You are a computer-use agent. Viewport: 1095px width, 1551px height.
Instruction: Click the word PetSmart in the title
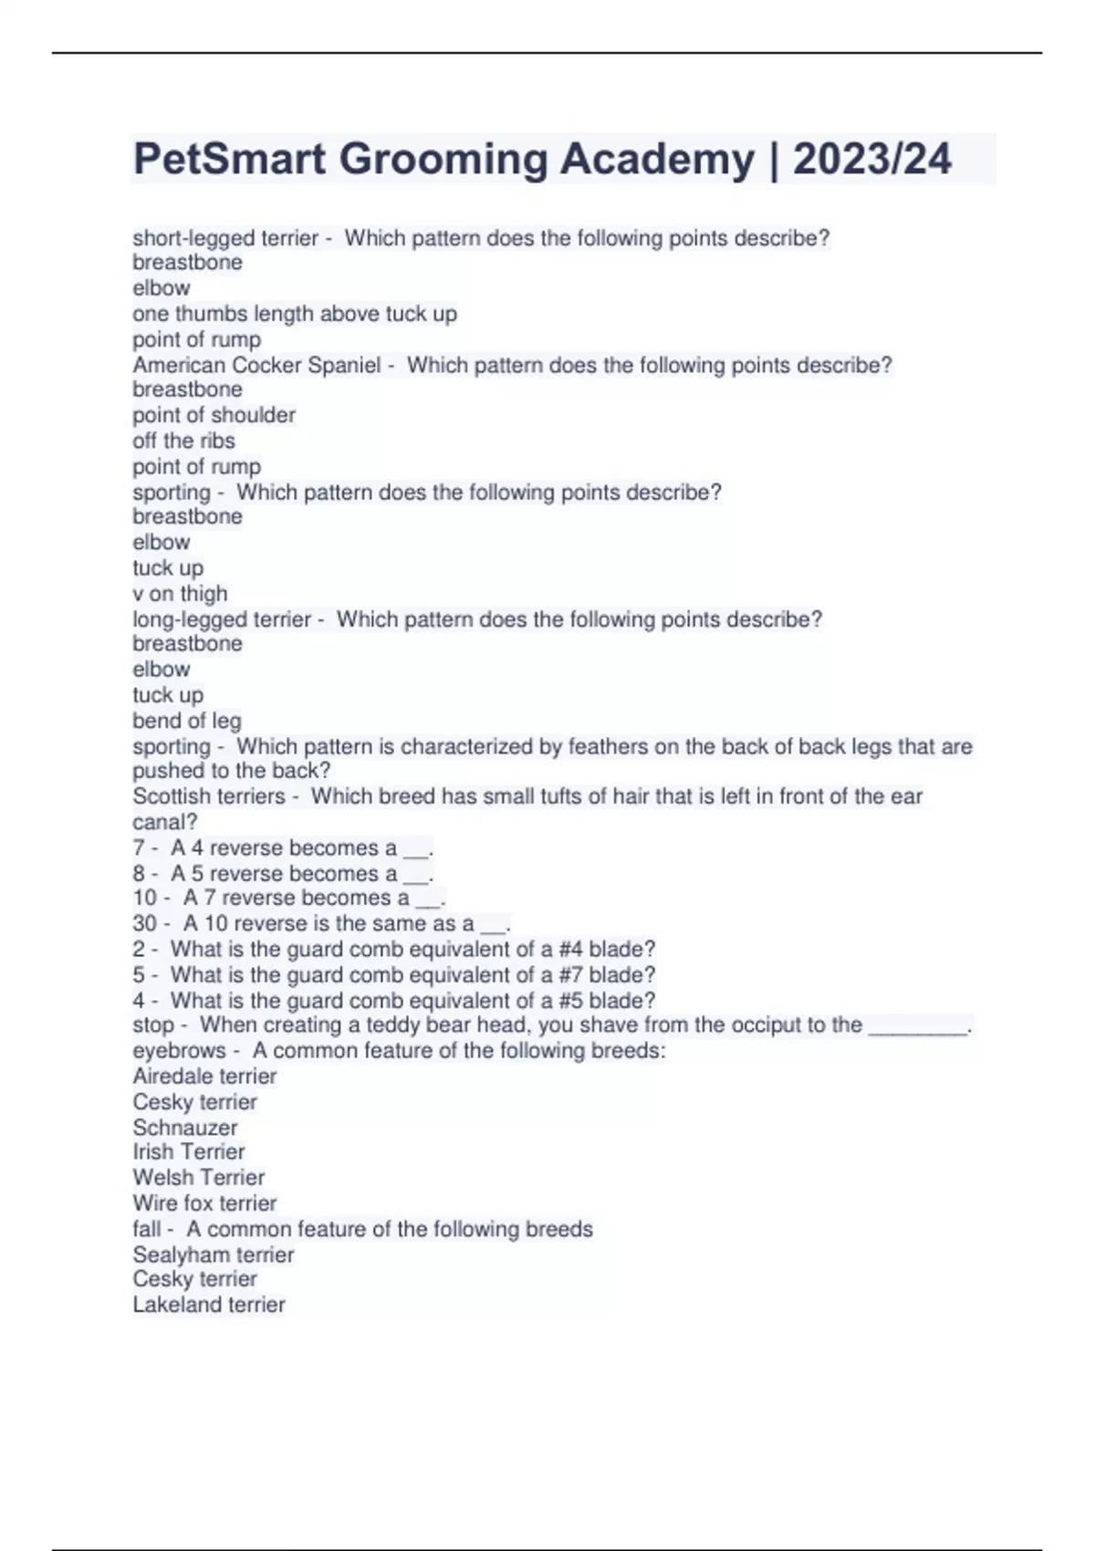click(x=229, y=159)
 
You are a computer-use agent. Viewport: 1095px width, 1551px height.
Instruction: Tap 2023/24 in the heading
click(x=871, y=159)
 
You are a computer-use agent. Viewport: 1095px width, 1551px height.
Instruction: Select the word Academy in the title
click(x=657, y=159)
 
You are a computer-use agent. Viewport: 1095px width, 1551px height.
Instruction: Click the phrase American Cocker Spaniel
click(x=256, y=365)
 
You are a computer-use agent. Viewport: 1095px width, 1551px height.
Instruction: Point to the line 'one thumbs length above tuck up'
click(x=295, y=314)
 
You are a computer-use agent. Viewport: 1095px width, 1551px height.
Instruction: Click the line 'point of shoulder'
click(x=214, y=415)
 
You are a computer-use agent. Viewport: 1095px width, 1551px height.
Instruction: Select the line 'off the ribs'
click(x=183, y=441)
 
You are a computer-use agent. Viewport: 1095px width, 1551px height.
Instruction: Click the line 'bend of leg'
click(x=187, y=721)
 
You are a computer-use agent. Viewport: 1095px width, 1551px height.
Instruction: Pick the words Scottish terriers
click(x=209, y=796)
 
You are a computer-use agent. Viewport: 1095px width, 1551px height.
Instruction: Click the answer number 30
click(x=144, y=923)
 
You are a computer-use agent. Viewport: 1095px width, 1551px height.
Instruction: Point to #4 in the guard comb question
click(x=570, y=949)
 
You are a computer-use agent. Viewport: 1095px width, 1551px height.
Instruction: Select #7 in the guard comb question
click(x=570, y=974)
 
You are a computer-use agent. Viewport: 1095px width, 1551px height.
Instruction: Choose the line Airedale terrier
click(x=204, y=1077)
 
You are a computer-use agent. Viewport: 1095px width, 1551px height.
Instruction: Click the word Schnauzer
click(x=184, y=1128)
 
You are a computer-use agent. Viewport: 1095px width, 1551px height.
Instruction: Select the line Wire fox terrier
click(x=204, y=1203)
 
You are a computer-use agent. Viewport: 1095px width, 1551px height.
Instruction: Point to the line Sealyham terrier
click(x=214, y=1254)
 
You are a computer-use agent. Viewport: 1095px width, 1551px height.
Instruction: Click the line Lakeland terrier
click(x=209, y=1305)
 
